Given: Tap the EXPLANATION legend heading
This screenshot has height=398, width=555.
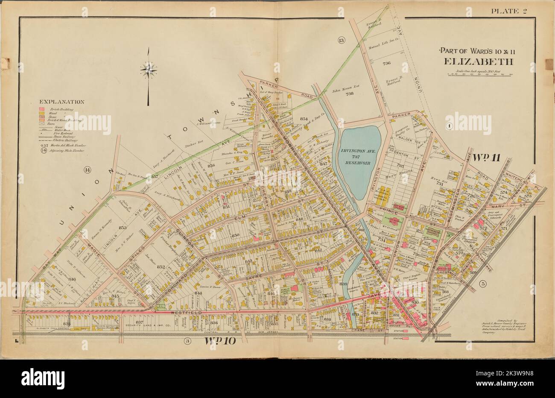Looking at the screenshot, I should (x=61, y=102).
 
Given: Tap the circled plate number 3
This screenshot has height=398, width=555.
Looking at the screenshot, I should (x=187, y=340).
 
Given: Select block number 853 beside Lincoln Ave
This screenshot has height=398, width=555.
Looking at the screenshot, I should (x=123, y=228).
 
